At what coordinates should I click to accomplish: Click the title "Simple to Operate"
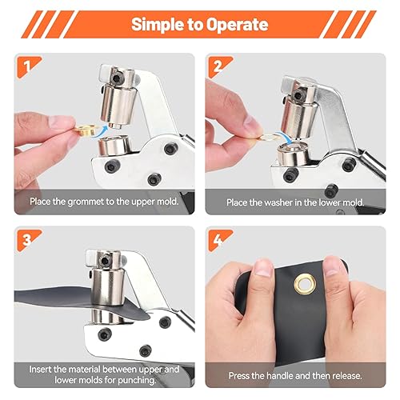pos(200,24)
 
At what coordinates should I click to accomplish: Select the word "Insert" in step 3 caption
pos(43,370)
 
